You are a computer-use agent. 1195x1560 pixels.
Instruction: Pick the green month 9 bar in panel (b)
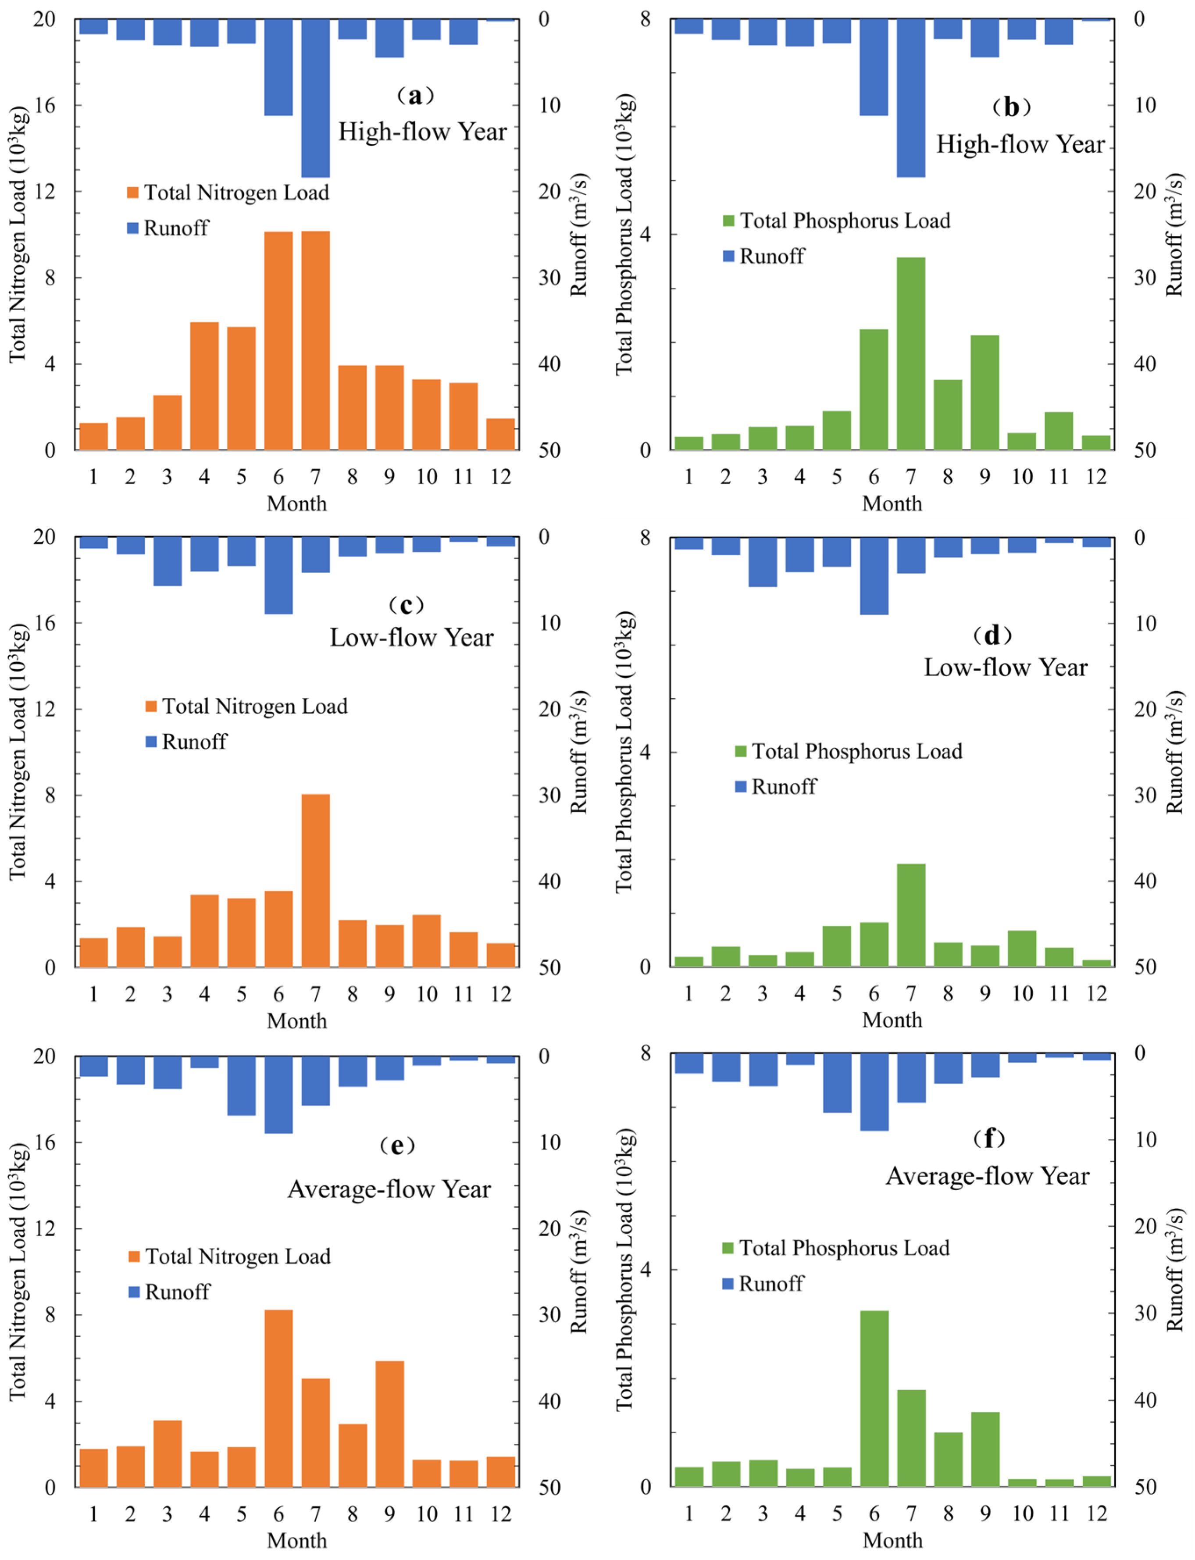click(x=985, y=392)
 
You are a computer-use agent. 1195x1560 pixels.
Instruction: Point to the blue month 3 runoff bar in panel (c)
click(x=167, y=561)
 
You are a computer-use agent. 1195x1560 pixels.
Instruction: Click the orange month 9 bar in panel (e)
click(x=389, y=1424)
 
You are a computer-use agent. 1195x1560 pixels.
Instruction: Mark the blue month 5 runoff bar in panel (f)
click(x=837, y=1083)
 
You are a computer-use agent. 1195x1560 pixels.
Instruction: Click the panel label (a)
click(x=415, y=95)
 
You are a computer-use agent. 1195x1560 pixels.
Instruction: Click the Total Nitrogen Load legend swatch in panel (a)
click(x=132, y=193)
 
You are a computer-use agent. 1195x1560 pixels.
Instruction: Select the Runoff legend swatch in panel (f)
click(x=728, y=1284)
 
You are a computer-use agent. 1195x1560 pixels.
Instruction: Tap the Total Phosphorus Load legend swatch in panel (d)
click(x=741, y=751)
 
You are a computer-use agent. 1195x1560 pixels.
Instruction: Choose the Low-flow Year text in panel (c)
click(x=411, y=637)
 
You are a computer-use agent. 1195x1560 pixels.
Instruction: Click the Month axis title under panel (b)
click(x=892, y=503)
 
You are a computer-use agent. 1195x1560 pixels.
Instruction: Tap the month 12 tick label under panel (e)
click(x=500, y=1514)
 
